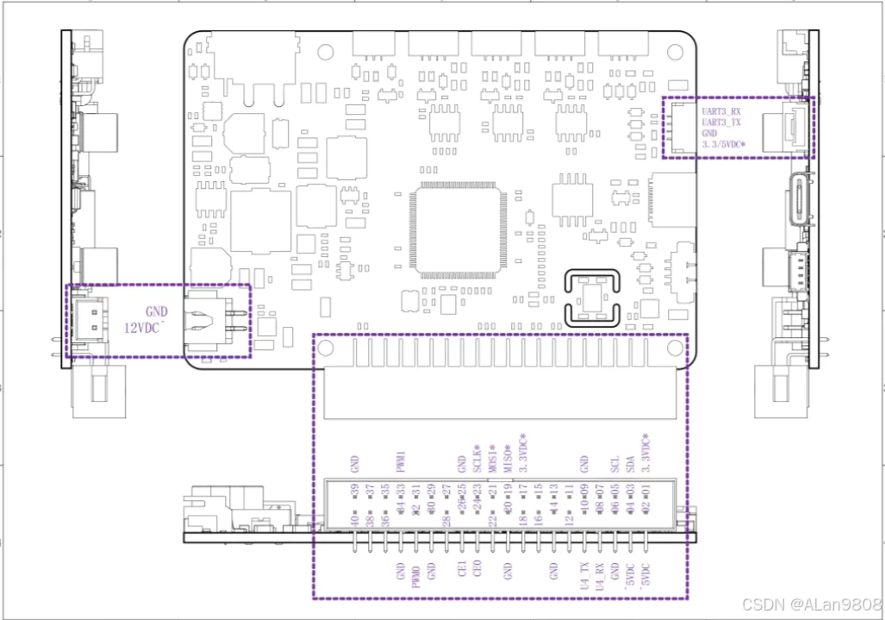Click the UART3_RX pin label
[x=721, y=111]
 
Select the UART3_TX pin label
[x=721, y=123]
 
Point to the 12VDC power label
[x=146, y=329]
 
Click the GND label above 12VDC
[x=157, y=312]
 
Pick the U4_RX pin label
[x=600, y=573]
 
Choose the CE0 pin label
[x=477, y=569]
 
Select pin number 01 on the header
[x=645, y=491]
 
